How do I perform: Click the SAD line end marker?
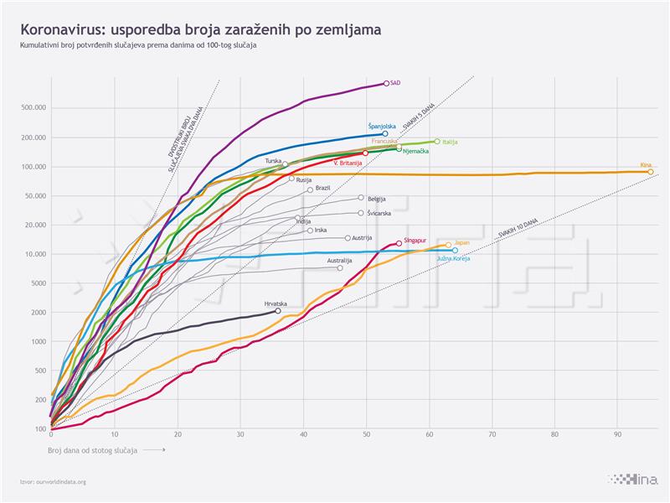click(x=385, y=83)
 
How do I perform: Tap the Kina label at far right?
click(x=646, y=164)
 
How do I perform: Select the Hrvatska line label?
click(x=276, y=303)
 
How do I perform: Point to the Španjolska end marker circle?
click(x=384, y=133)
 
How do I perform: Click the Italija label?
click(x=450, y=142)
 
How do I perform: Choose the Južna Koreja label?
click(x=454, y=259)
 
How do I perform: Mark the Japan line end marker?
click(x=448, y=245)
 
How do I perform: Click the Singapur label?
click(x=415, y=240)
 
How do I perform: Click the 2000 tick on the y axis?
click(x=38, y=313)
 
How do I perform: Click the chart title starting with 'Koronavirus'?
click(x=194, y=29)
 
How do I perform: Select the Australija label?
click(x=339, y=260)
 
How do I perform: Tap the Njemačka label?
click(x=416, y=152)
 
